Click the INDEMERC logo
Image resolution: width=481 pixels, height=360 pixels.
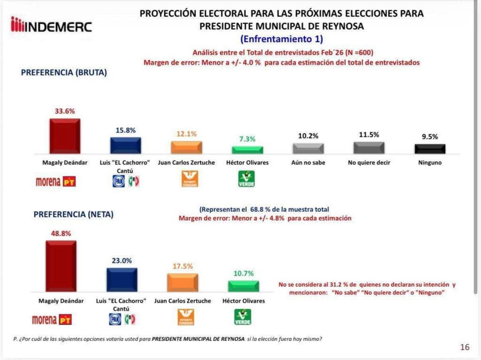(x=52, y=25)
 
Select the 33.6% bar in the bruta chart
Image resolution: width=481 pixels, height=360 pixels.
(x=65, y=136)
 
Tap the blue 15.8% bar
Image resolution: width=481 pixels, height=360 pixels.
(x=125, y=146)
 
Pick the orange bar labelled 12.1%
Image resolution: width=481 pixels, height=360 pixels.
(x=186, y=147)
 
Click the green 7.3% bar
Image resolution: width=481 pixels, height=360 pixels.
(x=248, y=150)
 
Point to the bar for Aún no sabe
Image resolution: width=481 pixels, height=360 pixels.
(x=308, y=148)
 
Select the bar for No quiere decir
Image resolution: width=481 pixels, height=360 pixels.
(x=369, y=148)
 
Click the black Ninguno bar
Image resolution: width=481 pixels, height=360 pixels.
(x=430, y=149)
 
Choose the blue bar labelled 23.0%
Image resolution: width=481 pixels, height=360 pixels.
(x=122, y=280)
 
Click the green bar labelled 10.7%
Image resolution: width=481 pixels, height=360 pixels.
(x=243, y=286)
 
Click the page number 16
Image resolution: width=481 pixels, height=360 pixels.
(x=465, y=347)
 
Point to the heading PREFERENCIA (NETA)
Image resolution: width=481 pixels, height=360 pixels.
(x=73, y=214)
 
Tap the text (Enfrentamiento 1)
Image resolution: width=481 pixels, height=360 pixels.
(x=281, y=39)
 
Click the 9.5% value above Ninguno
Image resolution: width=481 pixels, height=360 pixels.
(x=430, y=137)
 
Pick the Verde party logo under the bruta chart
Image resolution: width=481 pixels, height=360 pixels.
(x=247, y=179)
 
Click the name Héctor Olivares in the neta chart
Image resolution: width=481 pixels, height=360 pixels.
(x=243, y=301)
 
